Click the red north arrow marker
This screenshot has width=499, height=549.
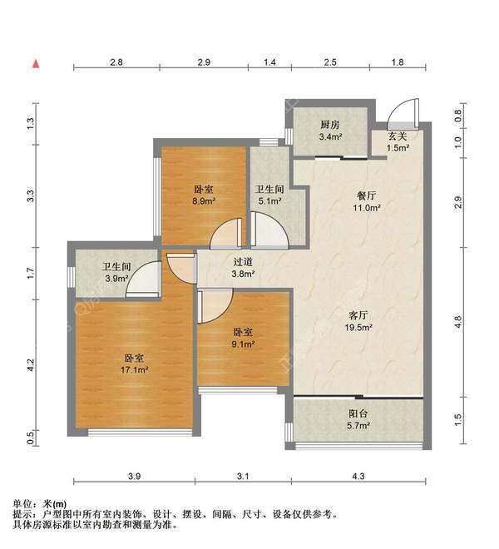36,64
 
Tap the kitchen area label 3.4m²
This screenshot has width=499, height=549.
330,136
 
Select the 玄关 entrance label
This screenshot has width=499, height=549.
398,136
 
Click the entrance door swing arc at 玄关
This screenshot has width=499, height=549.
399,107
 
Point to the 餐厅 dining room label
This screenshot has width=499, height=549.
366,195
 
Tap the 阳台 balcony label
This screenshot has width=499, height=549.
358,413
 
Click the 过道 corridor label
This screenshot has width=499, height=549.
243,261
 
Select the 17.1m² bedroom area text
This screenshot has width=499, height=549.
135,369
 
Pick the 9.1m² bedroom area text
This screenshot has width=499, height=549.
243,344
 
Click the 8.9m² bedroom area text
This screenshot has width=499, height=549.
205,201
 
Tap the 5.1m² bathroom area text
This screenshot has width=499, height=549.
270,201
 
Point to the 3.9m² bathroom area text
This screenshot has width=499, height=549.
117,279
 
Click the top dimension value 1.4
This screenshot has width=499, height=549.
269,62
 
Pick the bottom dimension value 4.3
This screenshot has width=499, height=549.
358,476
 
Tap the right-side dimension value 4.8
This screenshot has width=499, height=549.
458,322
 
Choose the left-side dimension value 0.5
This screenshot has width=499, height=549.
31,438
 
